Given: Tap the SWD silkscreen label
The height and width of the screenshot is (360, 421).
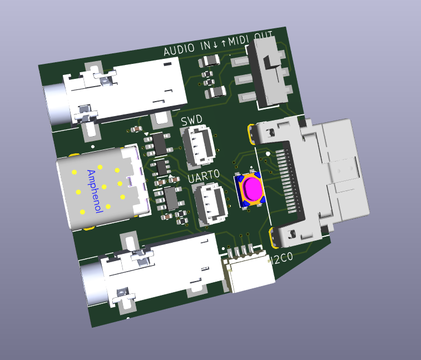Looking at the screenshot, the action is click(x=192, y=121).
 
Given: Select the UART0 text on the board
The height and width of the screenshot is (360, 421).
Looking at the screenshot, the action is click(x=204, y=176).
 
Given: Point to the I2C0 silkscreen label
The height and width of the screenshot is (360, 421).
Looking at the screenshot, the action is click(x=282, y=258).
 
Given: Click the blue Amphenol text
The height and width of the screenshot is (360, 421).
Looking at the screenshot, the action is click(x=95, y=191).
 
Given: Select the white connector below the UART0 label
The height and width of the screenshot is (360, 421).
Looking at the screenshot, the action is click(x=211, y=203).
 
